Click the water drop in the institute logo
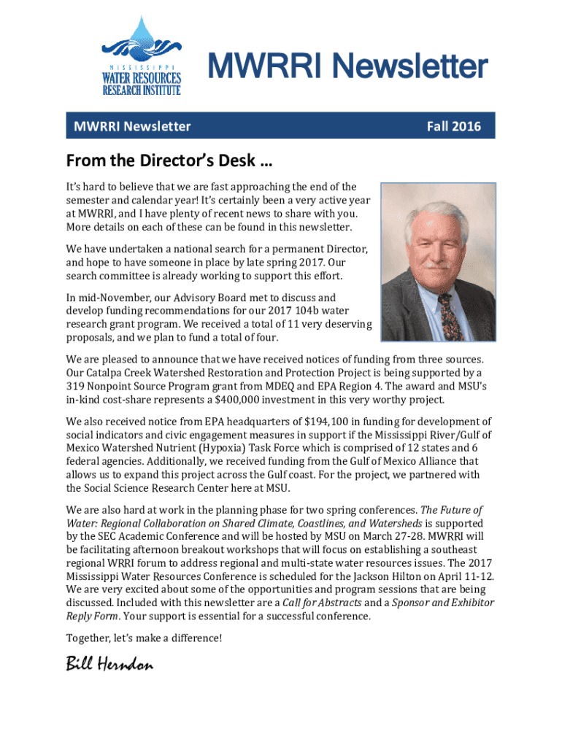(139, 36)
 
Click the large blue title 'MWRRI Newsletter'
(348, 68)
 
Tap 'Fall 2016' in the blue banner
(454, 126)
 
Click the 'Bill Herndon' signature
(109, 665)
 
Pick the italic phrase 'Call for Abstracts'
(328, 603)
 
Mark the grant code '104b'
(288, 311)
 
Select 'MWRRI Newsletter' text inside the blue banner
(132, 126)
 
